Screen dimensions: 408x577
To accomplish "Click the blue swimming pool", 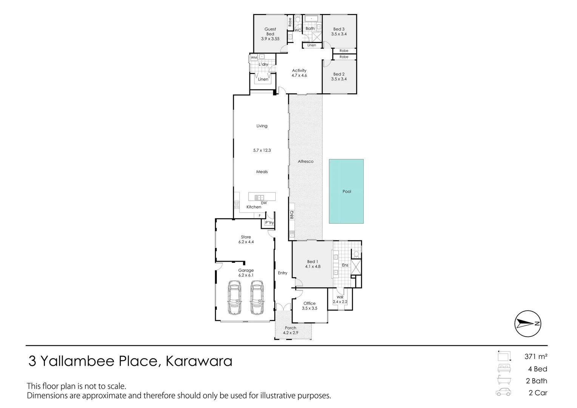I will (346, 191).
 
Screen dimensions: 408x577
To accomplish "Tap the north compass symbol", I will (528, 323).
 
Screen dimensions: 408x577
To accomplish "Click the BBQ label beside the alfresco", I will (292, 215).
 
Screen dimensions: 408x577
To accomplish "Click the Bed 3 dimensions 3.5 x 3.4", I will (339, 34).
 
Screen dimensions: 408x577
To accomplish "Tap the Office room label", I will (309, 303).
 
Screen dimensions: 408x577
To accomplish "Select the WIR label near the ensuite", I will (340, 297).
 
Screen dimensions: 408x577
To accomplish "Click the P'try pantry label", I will (269, 223).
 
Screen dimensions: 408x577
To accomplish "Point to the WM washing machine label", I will (254, 58).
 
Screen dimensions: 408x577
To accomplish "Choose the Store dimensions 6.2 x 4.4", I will (246, 242).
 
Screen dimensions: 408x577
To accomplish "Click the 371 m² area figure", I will (536, 356).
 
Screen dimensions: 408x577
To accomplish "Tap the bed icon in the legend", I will (504, 369).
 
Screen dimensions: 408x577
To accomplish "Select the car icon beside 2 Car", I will (504, 392).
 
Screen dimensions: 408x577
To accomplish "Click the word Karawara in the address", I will (199, 362).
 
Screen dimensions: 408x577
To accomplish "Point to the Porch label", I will (290, 328).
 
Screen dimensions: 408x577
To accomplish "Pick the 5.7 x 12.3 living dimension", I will (262, 150).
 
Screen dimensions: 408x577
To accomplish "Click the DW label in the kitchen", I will (264, 203).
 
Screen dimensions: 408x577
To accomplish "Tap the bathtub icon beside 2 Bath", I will (504, 380).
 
